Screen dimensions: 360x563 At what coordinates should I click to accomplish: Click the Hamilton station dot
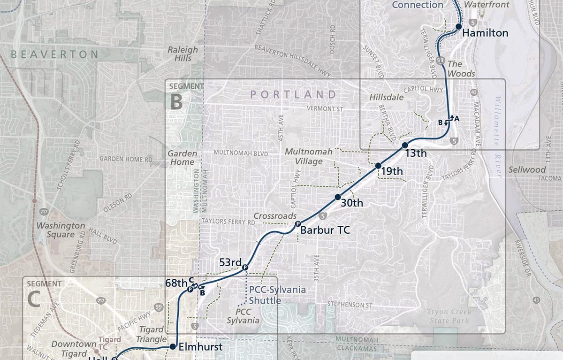pos(459,27)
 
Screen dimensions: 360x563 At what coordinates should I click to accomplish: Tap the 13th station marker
pos(405,146)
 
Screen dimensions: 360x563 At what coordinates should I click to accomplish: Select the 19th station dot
pos(378,166)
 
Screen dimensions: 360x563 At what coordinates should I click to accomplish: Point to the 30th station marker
pos(337,197)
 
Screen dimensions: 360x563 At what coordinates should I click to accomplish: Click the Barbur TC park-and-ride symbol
pos(297,224)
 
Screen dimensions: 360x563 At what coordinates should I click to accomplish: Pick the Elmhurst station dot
pos(172,346)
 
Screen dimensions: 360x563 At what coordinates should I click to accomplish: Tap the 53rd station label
pos(230,262)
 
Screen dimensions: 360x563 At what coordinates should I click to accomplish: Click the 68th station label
pos(176,283)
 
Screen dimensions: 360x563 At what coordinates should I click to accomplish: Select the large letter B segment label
pos(176,101)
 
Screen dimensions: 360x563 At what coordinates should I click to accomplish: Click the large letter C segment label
pos(34,299)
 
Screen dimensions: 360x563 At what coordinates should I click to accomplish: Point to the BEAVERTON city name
pos(54,54)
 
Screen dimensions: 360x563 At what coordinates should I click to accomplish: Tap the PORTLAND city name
pos(293,94)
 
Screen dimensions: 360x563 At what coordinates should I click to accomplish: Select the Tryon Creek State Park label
pos(449,316)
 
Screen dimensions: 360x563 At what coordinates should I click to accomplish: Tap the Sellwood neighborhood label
pos(527,169)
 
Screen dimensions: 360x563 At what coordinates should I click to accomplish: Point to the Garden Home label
pos(181,158)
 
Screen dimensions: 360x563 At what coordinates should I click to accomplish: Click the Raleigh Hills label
pos(183,54)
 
